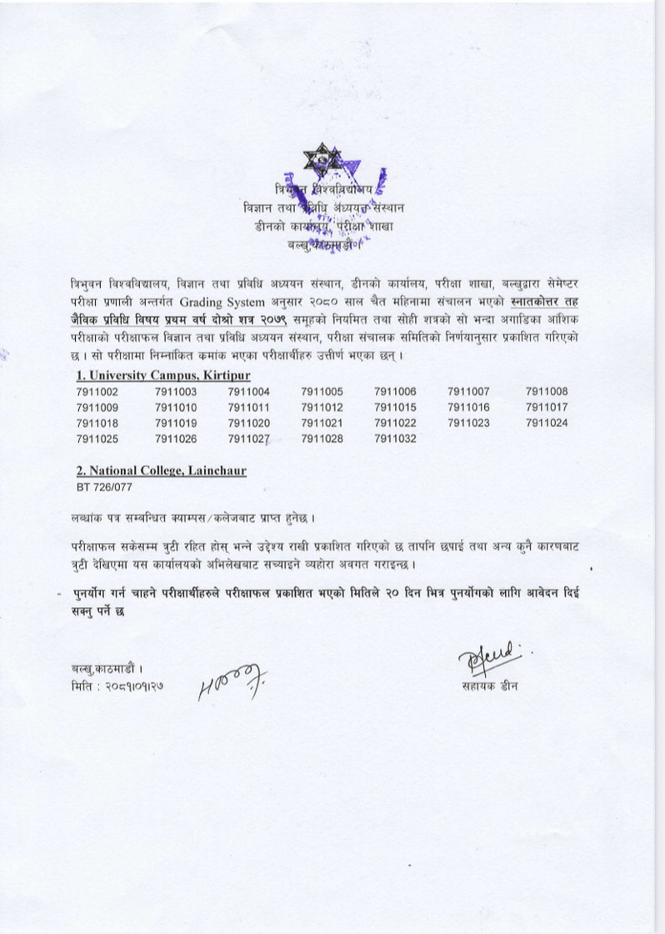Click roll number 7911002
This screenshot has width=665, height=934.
click(97, 391)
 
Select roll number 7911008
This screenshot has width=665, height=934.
click(546, 391)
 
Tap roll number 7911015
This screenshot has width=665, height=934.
click(395, 407)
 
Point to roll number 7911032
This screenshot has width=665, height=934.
click(395, 439)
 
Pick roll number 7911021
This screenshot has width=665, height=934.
click(322, 423)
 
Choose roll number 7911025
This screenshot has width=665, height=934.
click(97, 439)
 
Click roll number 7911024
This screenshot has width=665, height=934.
click(546, 423)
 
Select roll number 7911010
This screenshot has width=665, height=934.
click(176, 407)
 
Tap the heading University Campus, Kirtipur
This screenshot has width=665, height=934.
click(162, 375)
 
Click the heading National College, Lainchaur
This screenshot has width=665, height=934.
click(161, 471)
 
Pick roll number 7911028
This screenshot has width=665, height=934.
click(322, 439)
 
